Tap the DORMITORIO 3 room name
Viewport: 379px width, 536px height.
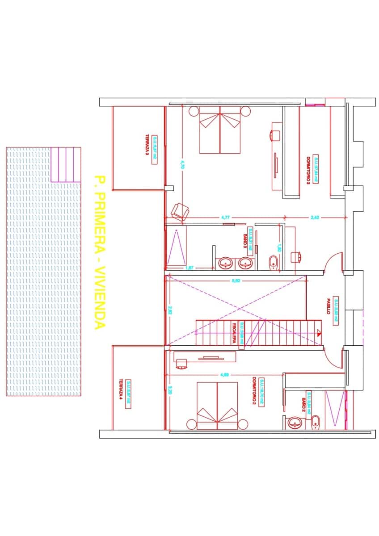tap(308, 170)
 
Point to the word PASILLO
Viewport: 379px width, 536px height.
tap(328, 306)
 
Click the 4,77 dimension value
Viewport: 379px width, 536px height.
tap(226, 217)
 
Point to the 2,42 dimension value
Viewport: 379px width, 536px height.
tap(315, 217)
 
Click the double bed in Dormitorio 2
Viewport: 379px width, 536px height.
tap(218, 406)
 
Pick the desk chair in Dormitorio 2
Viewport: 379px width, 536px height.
tap(181, 363)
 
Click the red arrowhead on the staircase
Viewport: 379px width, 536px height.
tap(319, 332)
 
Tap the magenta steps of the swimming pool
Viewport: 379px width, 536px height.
tap(66, 164)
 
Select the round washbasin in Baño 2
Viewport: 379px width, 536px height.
tap(295, 422)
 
